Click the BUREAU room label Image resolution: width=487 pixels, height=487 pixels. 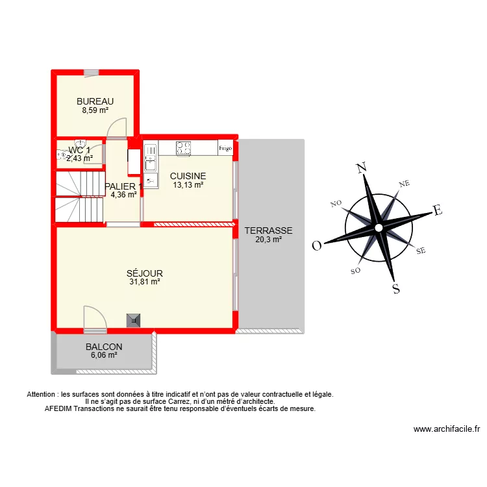[95, 101]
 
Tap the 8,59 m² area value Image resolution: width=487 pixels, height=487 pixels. [95, 110]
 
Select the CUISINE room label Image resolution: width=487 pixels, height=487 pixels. [188, 176]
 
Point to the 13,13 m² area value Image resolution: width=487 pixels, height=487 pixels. [188, 185]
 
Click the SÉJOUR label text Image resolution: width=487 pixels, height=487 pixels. [145, 273]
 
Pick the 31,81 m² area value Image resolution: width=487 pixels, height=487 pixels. [145, 282]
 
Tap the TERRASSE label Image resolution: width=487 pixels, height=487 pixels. [268, 231]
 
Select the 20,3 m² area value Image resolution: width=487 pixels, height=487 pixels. [268, 240]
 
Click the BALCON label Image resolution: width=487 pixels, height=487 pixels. [104, 347]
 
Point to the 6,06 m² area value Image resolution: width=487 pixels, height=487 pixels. [104, 356]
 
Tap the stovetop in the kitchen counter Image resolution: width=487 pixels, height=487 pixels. [184, 148]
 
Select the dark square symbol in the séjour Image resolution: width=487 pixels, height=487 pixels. [134, 319]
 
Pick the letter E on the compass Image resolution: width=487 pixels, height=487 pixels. [437, 210]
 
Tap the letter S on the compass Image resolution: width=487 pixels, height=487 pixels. [395, 289]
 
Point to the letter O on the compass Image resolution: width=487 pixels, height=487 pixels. [318, 245]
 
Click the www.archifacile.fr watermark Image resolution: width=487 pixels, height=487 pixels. [446, 429]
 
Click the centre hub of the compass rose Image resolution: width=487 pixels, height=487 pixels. [378, 227]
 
